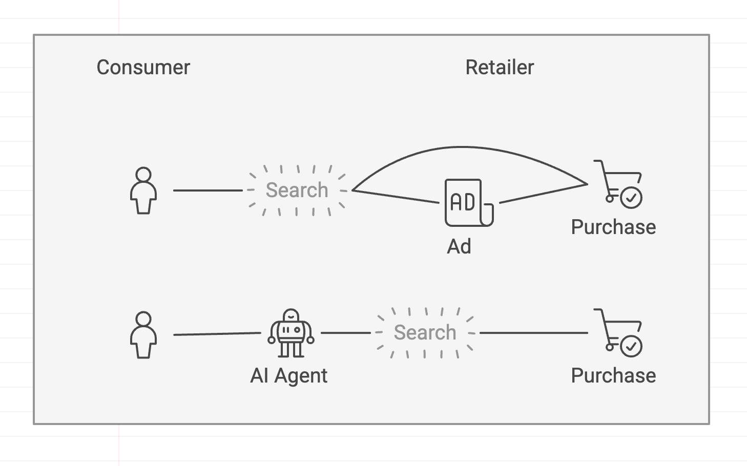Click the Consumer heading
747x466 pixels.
pos(143,68)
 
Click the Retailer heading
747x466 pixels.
pos(500,68)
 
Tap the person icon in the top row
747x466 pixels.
pos(143,190)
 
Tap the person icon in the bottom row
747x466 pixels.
pos(143,335)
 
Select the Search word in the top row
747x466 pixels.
pos(297,190)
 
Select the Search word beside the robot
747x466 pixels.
pos(425,332)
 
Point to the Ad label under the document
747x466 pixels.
pos(459,247)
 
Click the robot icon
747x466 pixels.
pos(291,333)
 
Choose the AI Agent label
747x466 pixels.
pos(289,376)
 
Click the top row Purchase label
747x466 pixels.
pos(613,227)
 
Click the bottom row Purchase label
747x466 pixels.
pos(613,376)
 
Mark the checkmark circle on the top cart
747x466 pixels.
pos(631,198)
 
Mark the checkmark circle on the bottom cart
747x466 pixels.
pos(631,346)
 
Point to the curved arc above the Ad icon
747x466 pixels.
pos(464,147)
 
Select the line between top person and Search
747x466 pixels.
pos(208,190)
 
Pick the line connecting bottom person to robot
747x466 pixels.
pos(217,334)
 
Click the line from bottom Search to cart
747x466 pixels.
pos(533,333)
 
